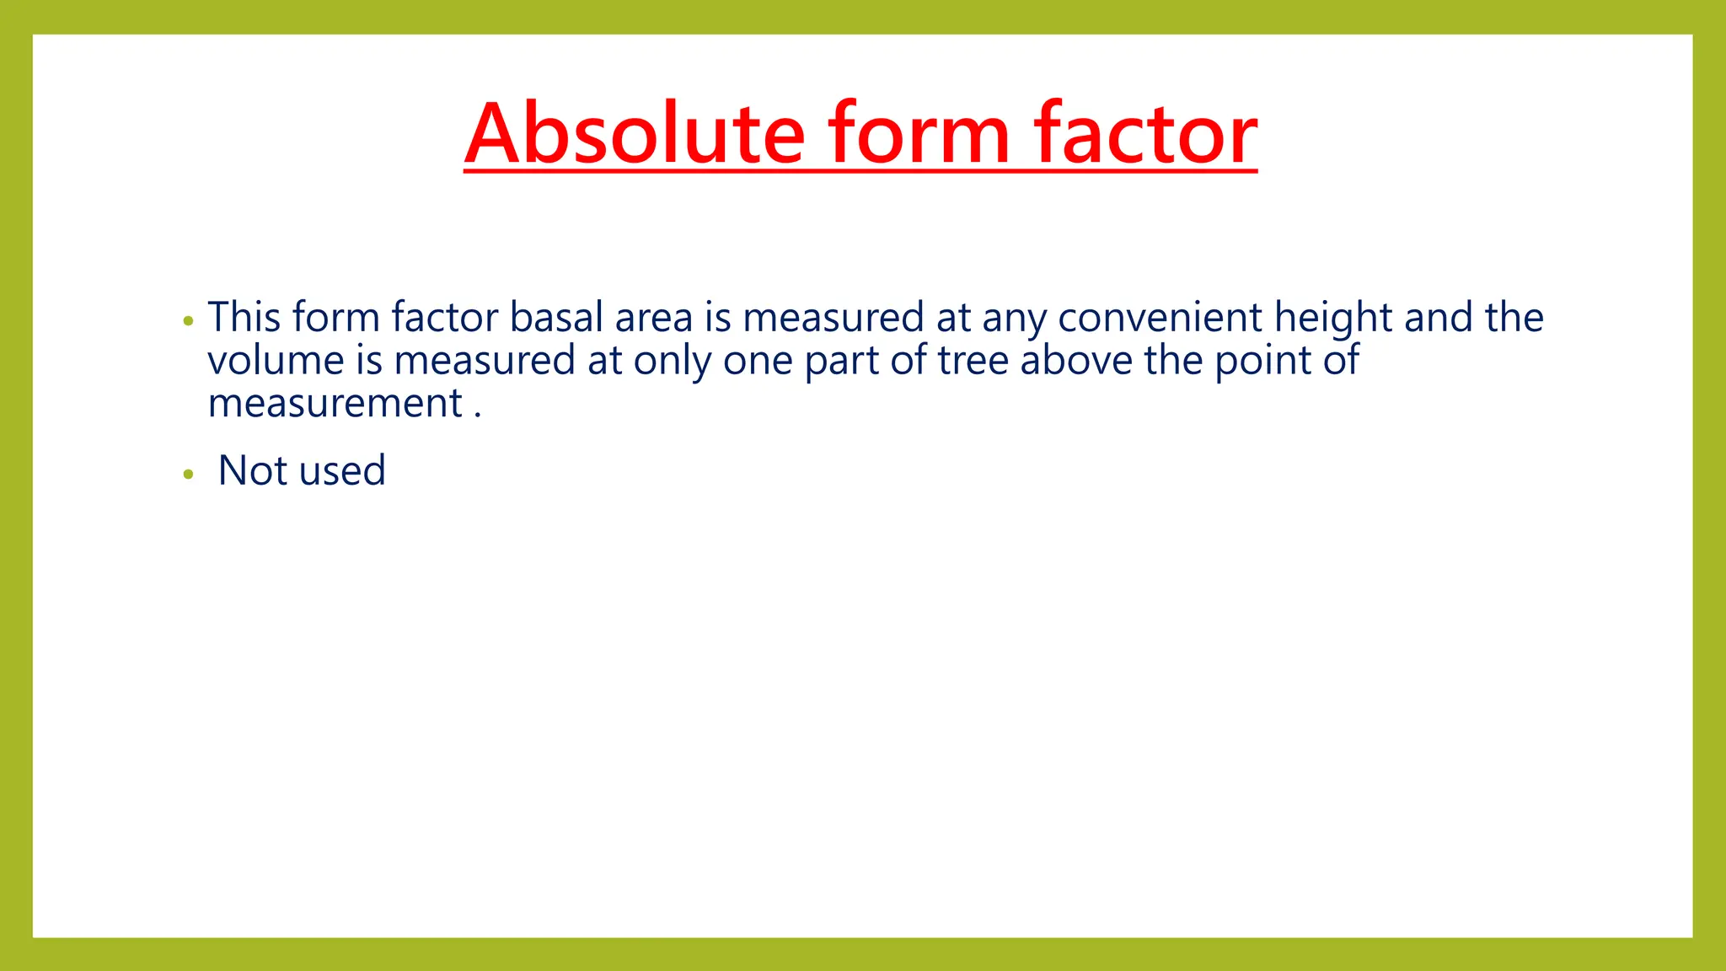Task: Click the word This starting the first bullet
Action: click(x=244, y=318)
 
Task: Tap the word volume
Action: click(x=276, y=361)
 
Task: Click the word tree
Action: click(x=973, y=361)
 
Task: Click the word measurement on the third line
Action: click(x=335, y=404)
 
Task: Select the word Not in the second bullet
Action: click(x=253, y=470)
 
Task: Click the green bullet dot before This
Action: click(x=188, y=321)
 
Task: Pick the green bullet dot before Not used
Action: click(x=188, y=475)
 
